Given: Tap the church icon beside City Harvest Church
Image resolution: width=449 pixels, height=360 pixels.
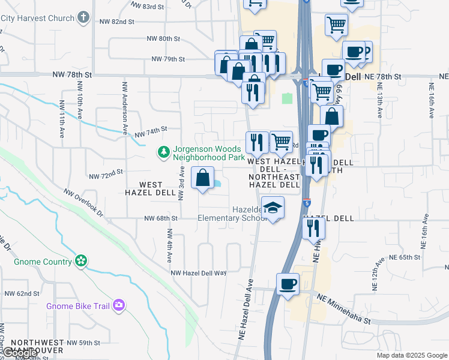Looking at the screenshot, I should point(83,17).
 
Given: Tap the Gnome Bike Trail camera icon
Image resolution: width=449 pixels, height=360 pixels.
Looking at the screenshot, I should point(119,306).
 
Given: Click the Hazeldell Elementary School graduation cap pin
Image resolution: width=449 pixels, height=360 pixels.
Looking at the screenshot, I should point(273,208).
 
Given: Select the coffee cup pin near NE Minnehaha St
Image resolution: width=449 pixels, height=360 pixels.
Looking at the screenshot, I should point(288,284).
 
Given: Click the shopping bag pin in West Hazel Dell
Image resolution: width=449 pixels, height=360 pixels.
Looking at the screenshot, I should point(203,178).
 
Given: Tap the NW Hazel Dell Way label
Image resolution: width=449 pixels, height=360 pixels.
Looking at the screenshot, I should point(199,272).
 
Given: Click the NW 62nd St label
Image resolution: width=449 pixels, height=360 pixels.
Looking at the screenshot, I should point(22,294).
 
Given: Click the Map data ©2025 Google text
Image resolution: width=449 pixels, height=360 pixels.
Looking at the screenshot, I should point(411,355).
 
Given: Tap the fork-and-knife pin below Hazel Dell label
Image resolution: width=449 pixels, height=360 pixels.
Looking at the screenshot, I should point(313,228).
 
